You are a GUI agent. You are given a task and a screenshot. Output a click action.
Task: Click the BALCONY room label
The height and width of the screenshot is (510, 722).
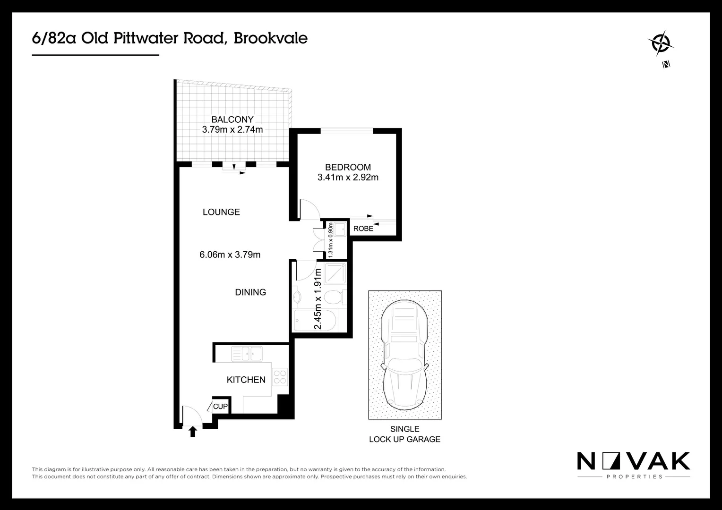point(232,119)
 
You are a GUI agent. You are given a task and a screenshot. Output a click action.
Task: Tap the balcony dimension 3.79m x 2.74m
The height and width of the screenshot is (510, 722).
point(232,129)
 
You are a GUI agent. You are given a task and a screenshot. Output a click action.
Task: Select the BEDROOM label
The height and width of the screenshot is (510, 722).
point(348,167)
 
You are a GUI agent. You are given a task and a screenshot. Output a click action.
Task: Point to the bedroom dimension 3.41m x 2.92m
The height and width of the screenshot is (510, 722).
point(348,178)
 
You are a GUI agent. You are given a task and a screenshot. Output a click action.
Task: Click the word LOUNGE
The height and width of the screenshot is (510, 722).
point(221,212)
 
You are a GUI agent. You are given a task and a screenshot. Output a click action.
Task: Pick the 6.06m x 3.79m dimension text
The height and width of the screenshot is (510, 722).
point(230,255)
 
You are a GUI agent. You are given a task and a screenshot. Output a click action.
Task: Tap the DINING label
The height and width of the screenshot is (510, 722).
point(250,292)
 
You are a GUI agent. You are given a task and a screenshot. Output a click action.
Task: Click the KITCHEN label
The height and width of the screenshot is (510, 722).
point(246,380)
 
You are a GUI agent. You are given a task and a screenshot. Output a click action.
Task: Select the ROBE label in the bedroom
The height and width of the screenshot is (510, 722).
point(363,229)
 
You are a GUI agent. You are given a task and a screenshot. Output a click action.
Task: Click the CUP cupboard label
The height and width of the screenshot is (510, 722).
point(220,406)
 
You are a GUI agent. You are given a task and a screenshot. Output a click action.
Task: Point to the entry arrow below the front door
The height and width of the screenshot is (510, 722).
point(192,432)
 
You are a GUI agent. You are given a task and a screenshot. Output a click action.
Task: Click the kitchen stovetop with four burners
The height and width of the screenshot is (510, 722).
point(280,376)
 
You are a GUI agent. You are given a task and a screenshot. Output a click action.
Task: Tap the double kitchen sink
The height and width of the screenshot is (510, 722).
point(247,353)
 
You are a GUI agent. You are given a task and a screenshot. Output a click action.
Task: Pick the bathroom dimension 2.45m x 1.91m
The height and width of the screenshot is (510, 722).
point(318,299)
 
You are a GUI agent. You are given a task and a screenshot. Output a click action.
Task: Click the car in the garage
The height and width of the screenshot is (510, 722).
point(405,354)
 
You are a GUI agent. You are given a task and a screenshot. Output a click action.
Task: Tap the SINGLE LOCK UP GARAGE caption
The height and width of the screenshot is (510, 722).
point(404,434)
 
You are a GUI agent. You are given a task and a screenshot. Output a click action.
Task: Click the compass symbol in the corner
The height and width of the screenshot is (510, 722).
point(660,44)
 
